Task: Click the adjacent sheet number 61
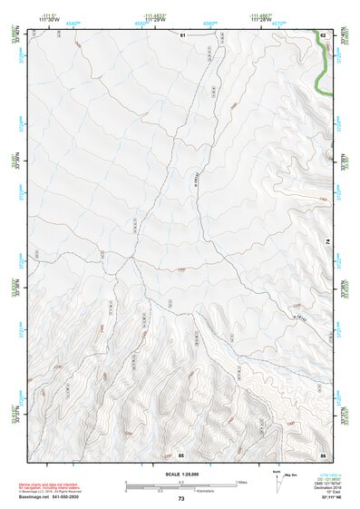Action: pos(181,34)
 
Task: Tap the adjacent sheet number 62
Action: pos(322,34)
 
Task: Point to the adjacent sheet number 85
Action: pos(181,454)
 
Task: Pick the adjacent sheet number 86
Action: pos(322,454)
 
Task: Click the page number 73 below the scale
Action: pos(181,499)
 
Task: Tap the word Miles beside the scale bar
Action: pos(242,482)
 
